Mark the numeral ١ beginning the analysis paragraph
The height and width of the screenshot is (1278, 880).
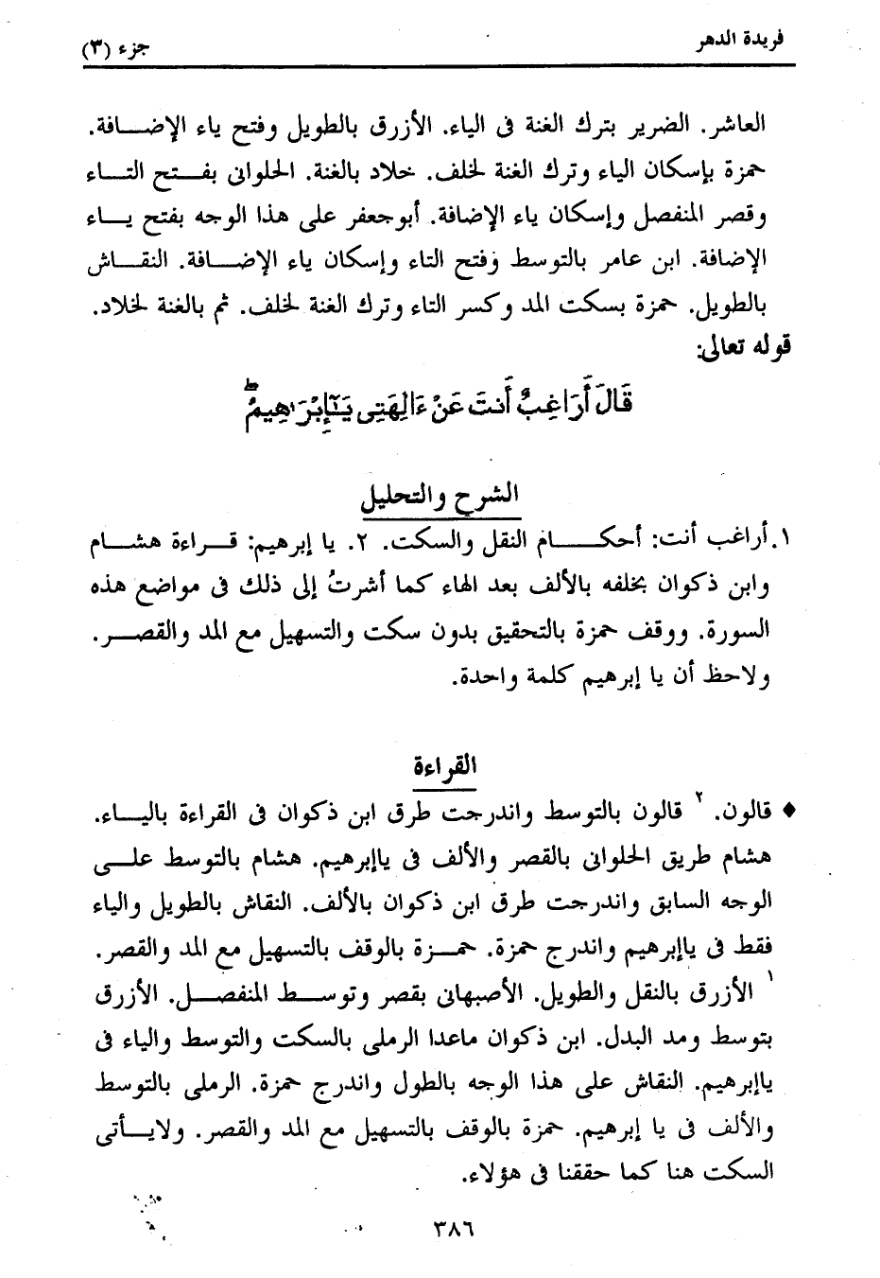click(782, 544)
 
